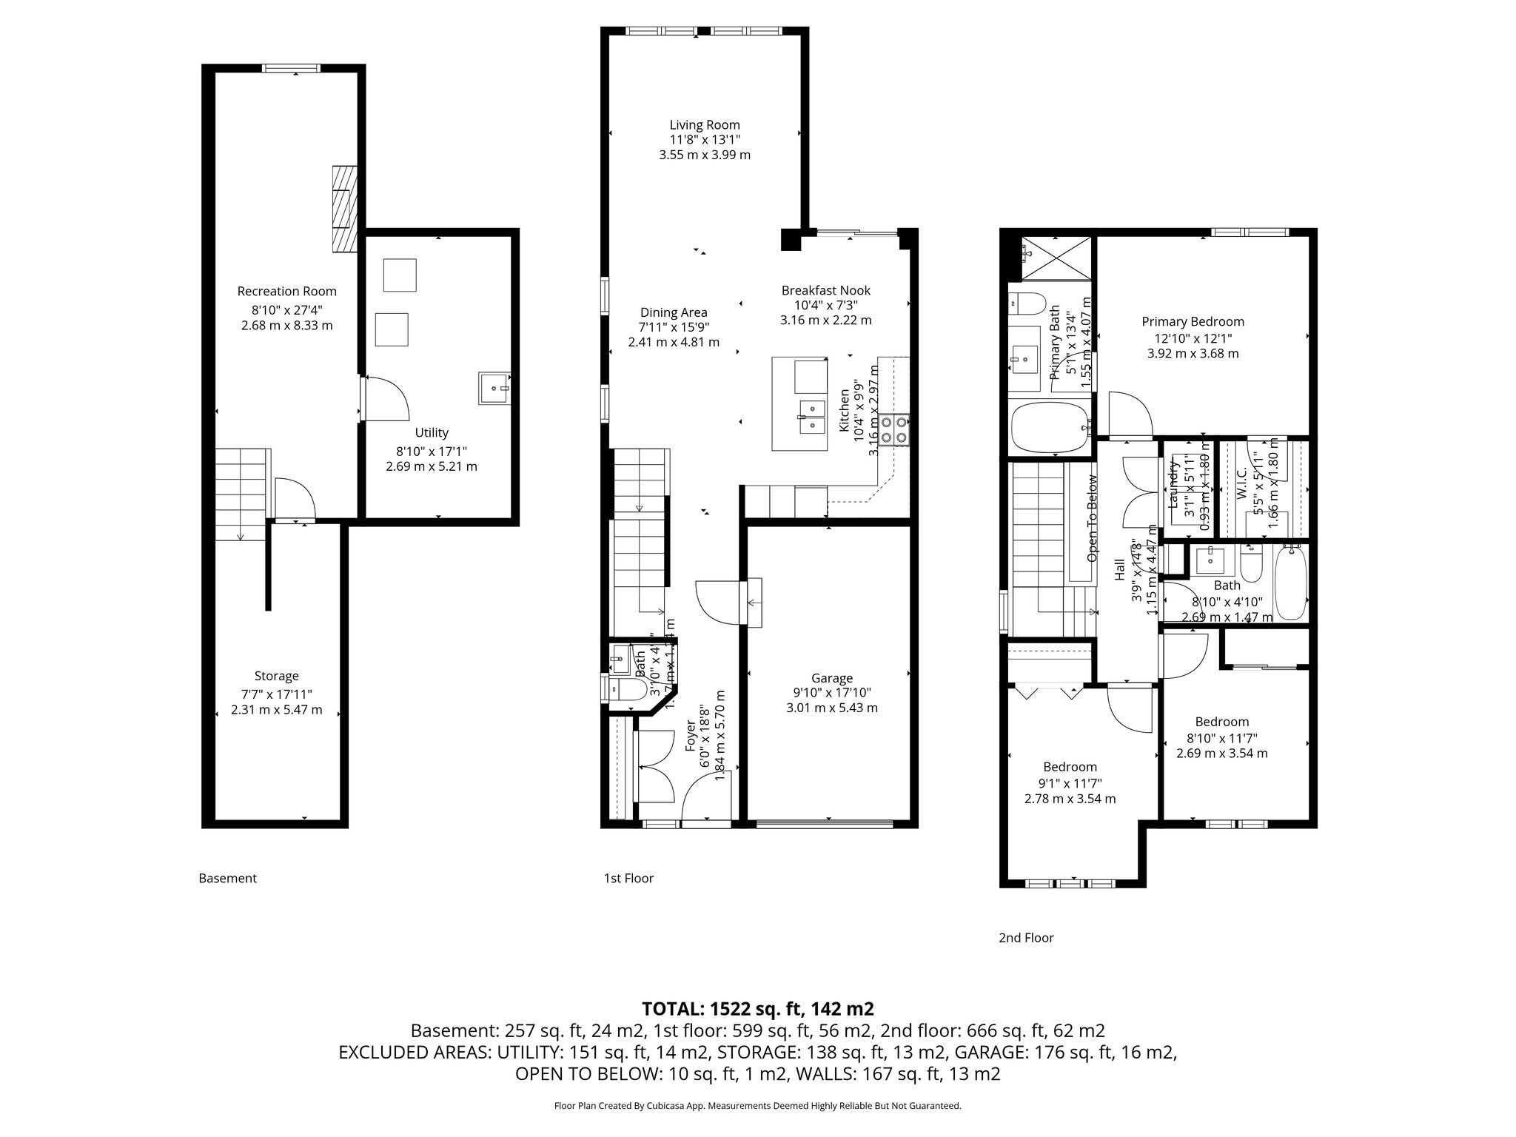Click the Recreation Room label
point(286,292)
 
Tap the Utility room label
point(431,433)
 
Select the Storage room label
point(276,676)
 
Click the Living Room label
point(705,125)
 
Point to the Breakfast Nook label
point(825,291)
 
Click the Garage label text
point(831,678)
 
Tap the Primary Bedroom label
point(1193,322)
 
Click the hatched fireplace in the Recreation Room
point(344,209)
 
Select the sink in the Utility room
point(494,388)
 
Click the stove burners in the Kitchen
point(893,429)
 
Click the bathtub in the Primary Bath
point(1050,427)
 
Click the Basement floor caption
point(227,879)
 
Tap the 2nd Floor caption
point(1026,938)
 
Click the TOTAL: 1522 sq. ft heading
point(757,1009)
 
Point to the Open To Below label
point(1092,517)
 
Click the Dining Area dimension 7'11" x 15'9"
point(673,327)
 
